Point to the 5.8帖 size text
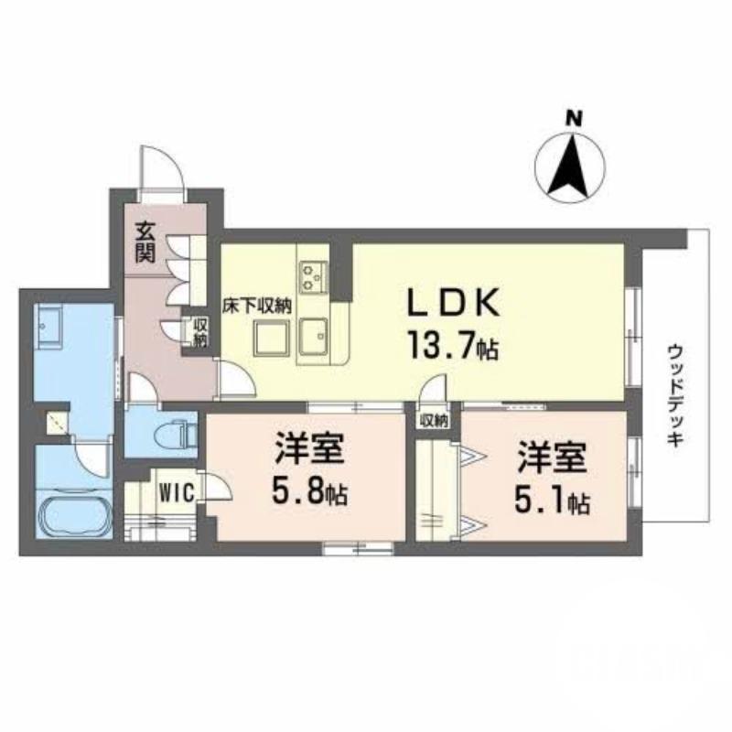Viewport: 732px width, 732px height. [308, 495]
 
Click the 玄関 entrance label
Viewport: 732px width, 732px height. [145, 242]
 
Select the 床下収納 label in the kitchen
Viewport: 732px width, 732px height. [260, 307]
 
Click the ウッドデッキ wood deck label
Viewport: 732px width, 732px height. [675, 394]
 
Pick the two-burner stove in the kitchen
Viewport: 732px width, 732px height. [313, 273]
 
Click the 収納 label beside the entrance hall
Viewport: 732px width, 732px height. [199, 332]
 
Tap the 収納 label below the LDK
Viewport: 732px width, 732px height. [435, 421]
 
